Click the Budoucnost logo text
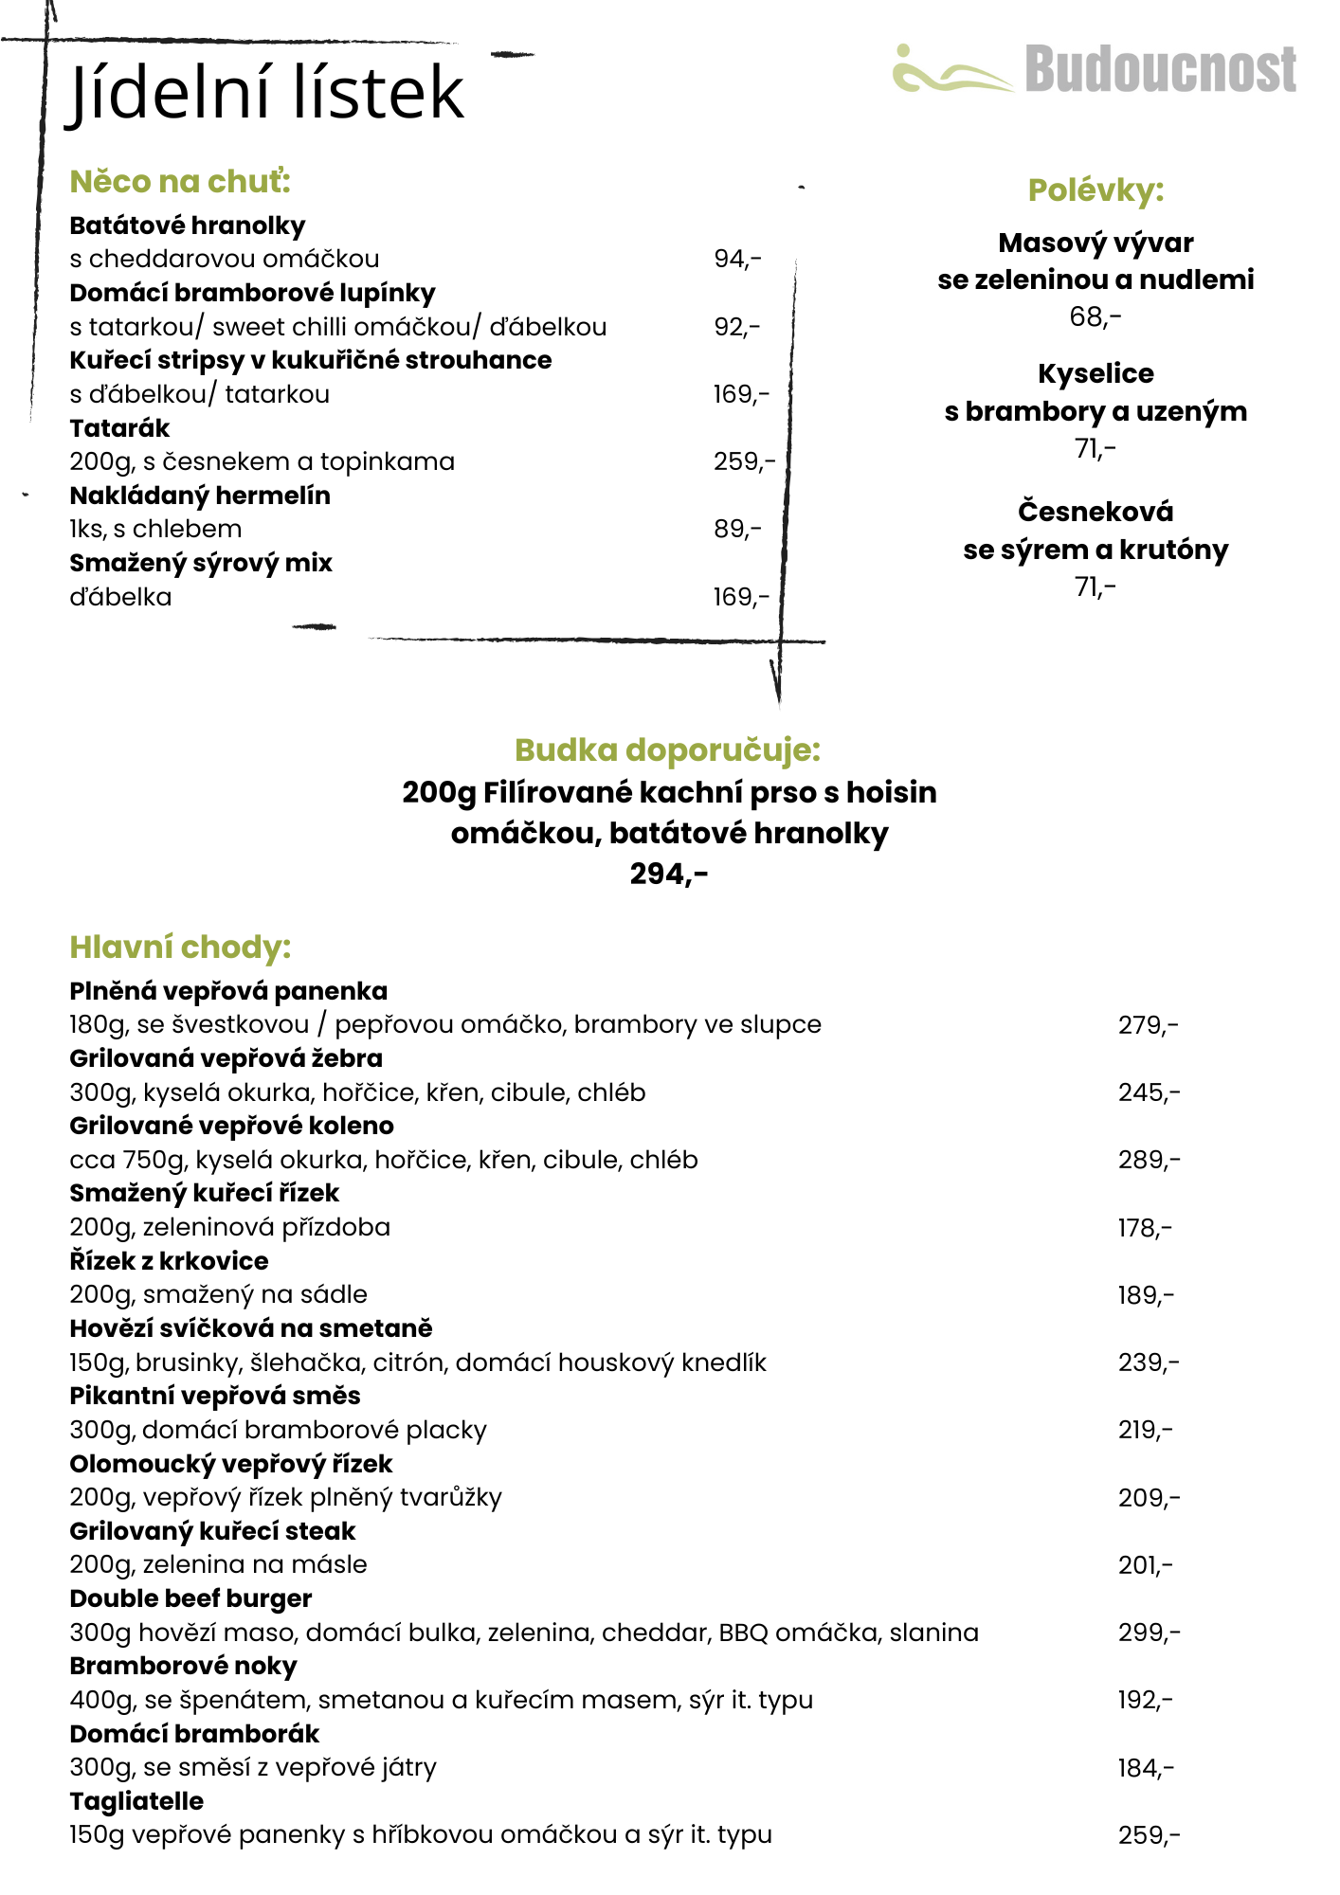[x=1160, y=70]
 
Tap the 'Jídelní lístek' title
[x=267, y=93]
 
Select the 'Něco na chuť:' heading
[x=180, y=181]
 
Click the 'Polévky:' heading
[x=1096, y=190]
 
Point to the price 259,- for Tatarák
[x=744, y=461]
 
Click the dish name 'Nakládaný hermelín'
[x=200, y=496]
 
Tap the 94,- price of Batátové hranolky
[x=737, y=259]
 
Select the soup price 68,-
[x=1095, y=316]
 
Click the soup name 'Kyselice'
[x=1096, y=373]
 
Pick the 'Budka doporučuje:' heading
[x=667, y=749]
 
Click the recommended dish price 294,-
[x=669, y=874]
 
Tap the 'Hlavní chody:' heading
[x=180, y=947]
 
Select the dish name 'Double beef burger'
[x=190, y=1598]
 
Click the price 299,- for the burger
[x=1149, y=1633]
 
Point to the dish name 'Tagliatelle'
[x=136, y=1801]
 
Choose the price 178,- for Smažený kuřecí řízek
[x=1145, y=1228]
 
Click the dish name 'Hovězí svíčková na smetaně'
[x=251, y=1328]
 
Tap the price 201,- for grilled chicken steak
[x=1145, y=1565]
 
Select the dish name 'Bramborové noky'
[x=183, y=1666]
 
